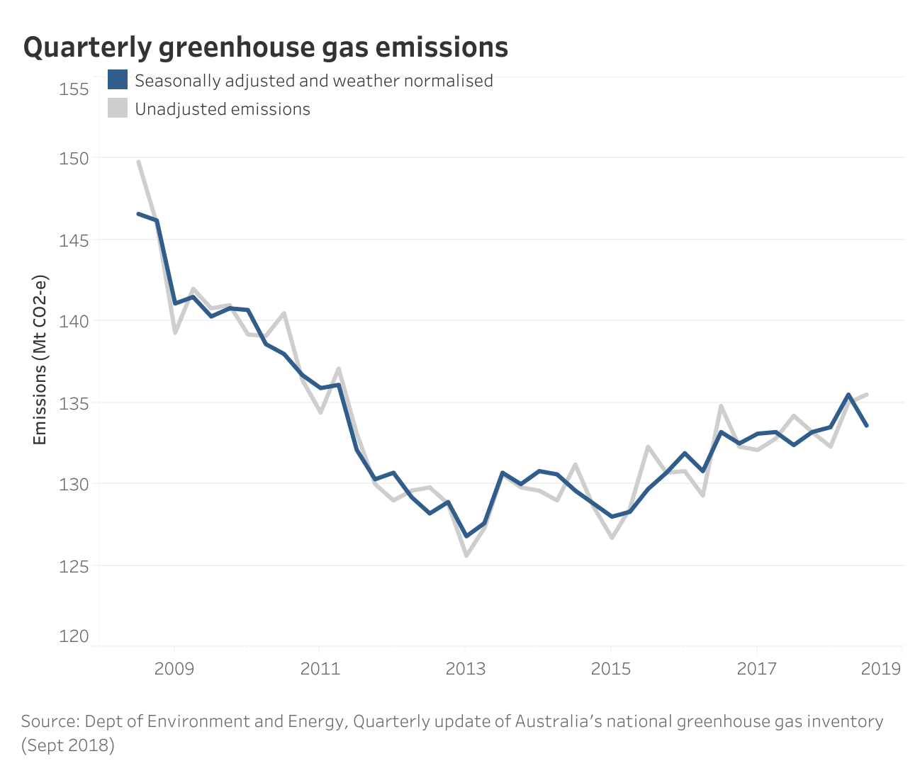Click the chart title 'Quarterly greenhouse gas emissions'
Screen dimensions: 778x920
266,47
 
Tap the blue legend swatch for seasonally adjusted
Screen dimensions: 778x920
118,79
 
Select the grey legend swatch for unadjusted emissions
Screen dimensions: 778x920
118,108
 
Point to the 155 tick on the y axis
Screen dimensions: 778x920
75,89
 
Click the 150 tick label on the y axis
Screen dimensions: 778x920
75,159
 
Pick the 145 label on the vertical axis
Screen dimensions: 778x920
75,240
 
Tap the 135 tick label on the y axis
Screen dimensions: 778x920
75,403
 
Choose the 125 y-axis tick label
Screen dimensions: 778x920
75,566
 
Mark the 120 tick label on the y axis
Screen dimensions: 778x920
75,636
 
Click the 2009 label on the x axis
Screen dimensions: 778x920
174,669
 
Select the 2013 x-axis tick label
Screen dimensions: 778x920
466,669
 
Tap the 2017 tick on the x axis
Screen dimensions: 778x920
757,669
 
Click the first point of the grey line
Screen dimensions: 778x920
138,162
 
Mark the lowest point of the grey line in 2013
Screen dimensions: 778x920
466,556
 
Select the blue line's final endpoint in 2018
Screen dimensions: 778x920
866,425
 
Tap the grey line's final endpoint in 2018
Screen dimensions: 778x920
866,395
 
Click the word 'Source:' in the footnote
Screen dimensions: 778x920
50,721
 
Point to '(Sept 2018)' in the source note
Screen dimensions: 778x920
68,745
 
